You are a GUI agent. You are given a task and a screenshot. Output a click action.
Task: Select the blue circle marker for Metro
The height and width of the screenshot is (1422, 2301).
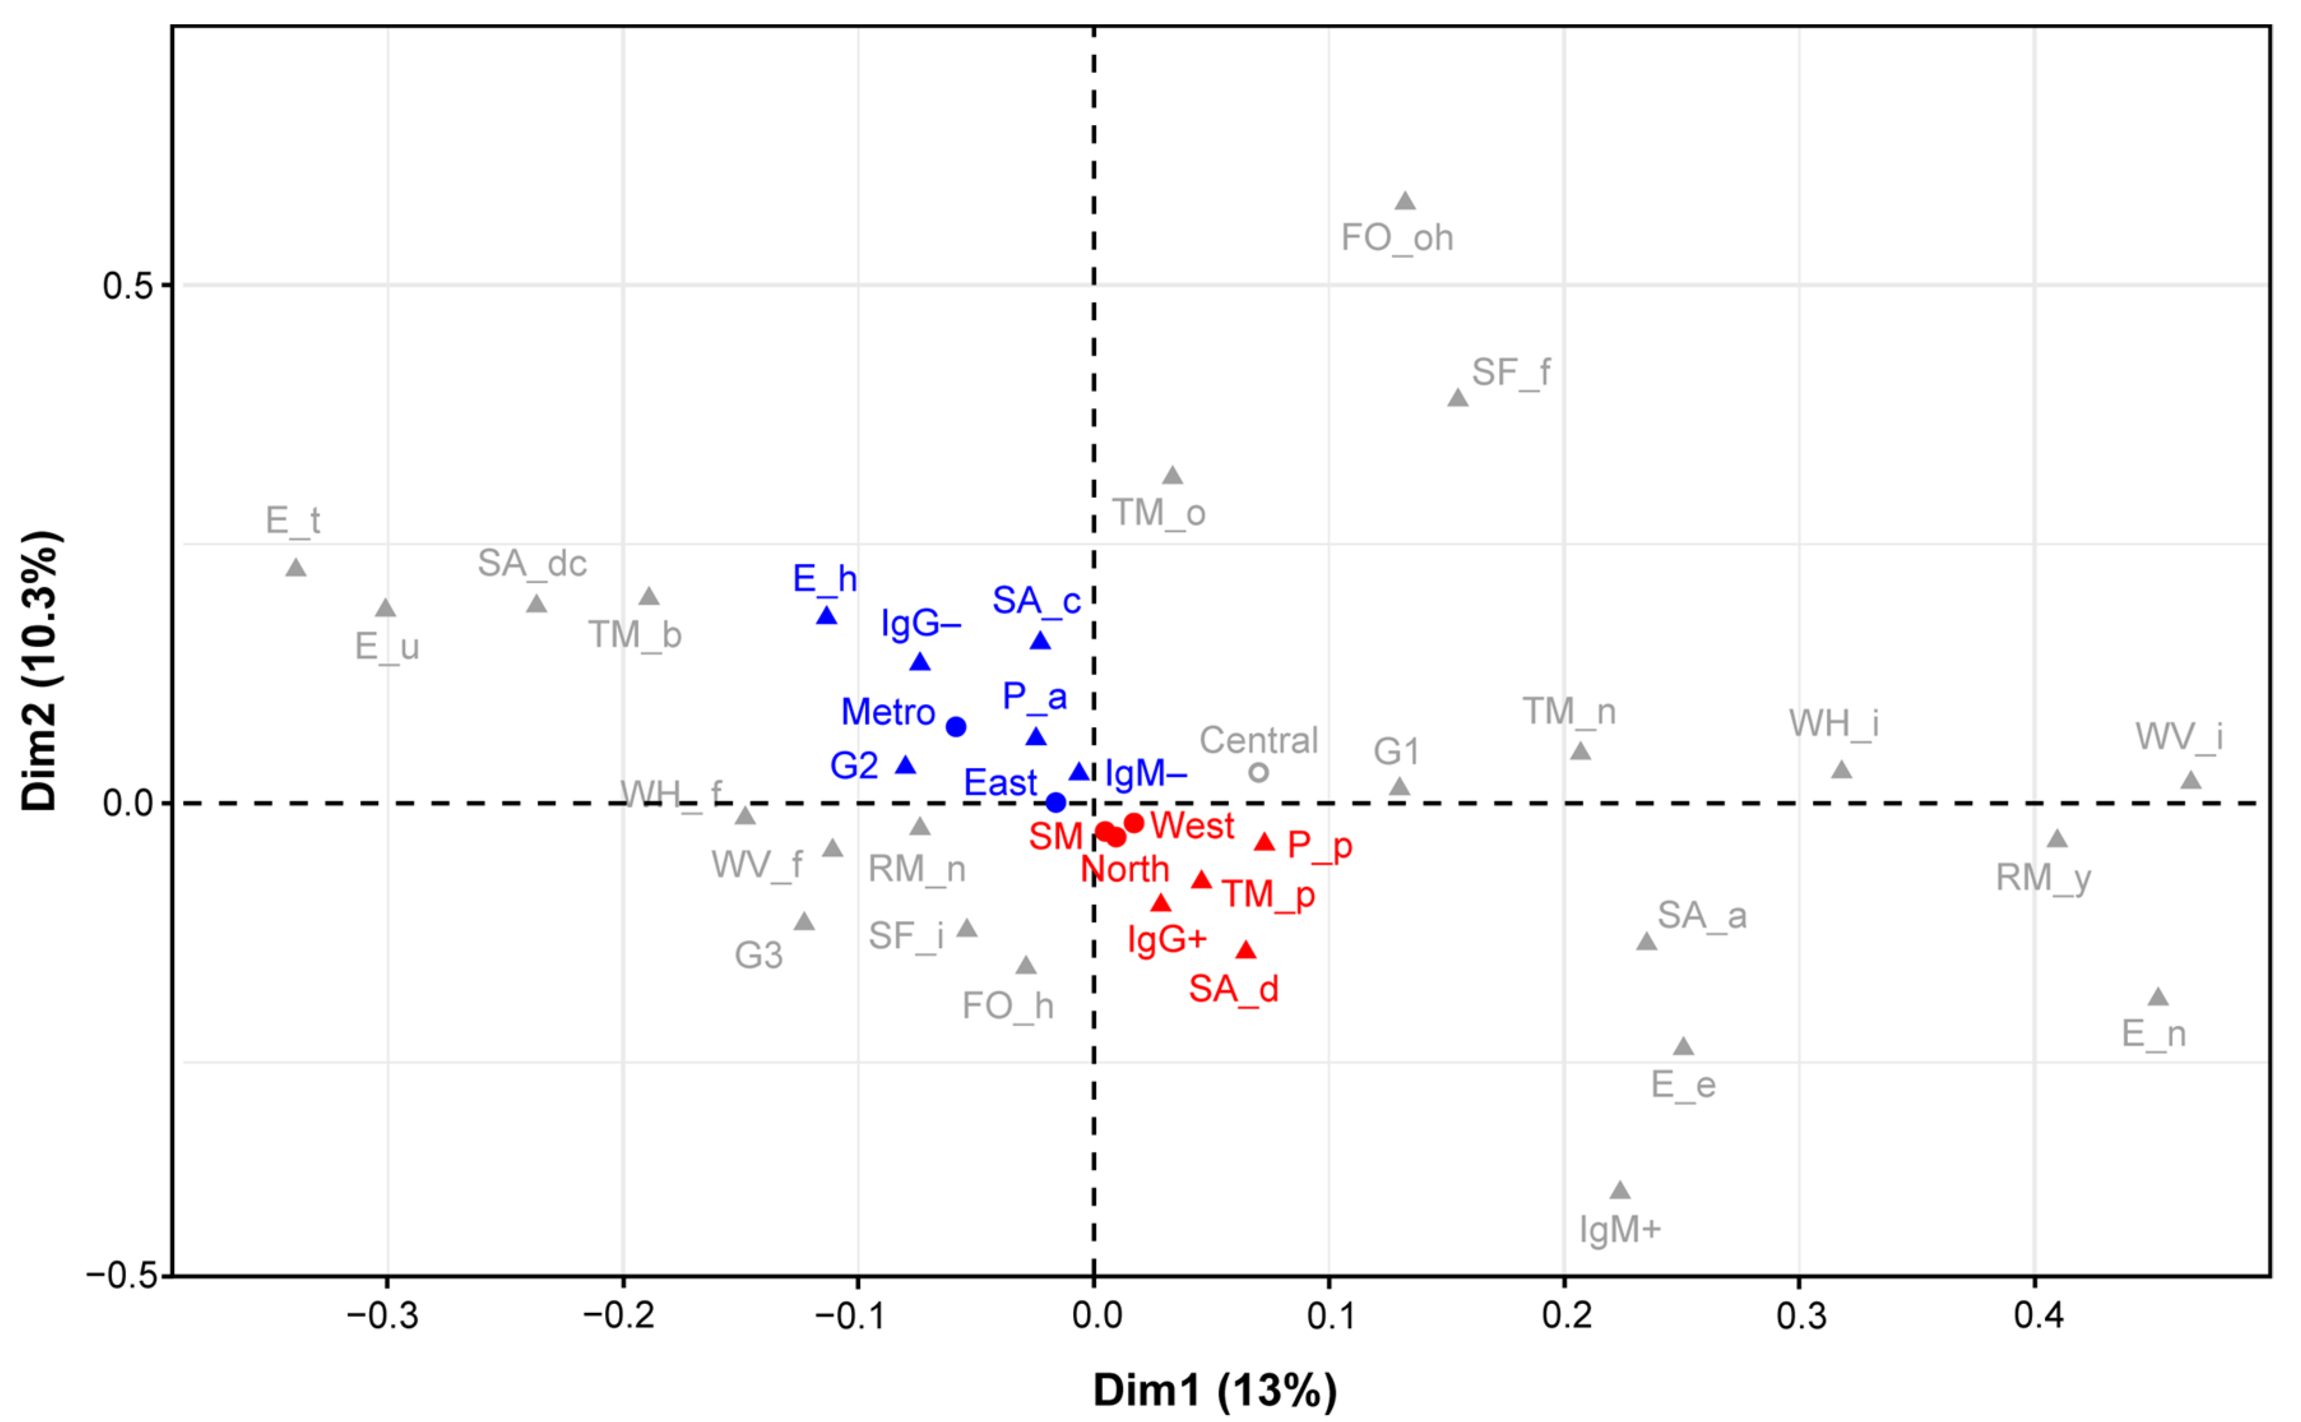tap(955, 726)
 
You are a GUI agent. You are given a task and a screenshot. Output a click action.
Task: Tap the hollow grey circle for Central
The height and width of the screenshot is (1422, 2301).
tap(1258, 772)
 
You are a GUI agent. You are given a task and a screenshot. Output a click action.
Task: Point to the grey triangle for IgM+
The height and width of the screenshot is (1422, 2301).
tap(1619, 1191)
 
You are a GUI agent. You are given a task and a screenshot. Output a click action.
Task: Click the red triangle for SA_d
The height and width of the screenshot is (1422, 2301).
tap(1246, 950)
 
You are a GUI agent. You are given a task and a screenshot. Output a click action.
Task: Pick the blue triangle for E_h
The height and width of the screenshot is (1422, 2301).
tap(826, 616)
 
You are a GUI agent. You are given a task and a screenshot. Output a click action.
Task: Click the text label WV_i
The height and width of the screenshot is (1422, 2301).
tap(2178, 737)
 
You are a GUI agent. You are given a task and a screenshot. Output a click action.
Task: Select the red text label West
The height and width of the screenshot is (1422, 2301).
tap(1192, 826)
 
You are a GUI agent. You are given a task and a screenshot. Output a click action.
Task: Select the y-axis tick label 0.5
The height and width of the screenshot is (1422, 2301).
tap(129, 286)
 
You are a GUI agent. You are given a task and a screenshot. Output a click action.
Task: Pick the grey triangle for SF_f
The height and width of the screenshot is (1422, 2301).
tap(1457, 398)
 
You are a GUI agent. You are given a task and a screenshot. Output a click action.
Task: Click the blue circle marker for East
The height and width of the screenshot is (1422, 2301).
tap(1056, 802)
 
